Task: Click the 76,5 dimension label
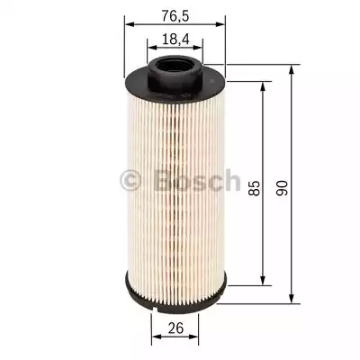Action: pyautogui.click(x=175, y=16)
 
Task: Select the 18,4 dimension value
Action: pyautogui.click(x=175, y=40)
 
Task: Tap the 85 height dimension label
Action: pyautogui.click(x=254, y=188)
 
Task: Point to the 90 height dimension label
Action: pyautogui.click(x=282, y=188)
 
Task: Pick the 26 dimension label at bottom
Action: pyautogui.click(x=175, y=328)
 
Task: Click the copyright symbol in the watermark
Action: pyautogui.click(x=130, y=181)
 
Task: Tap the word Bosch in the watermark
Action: pyautogui.click(x=198, y=180)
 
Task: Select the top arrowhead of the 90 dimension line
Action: pyautogui.click(x=291, y=70)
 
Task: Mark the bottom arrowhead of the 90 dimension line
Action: pyautogui.click(x=291, y=298)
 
